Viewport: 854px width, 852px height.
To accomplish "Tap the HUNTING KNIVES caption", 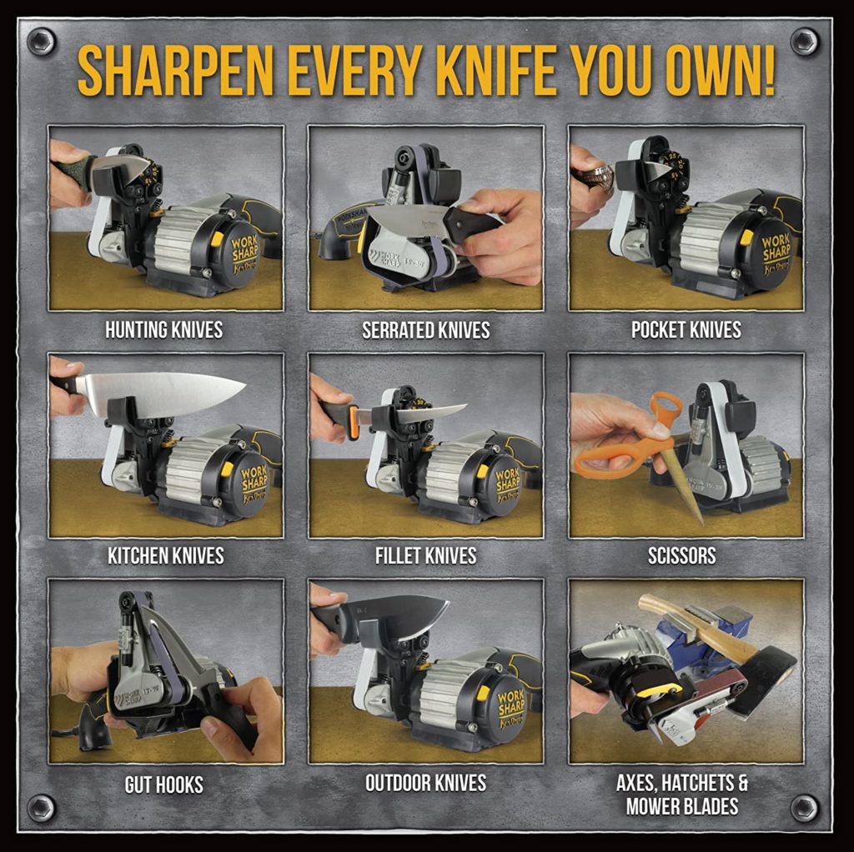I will [x=163, y=330].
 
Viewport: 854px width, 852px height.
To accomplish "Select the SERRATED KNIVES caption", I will [x=425, y=330].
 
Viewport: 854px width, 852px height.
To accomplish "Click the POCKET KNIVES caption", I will [x=686, y=330].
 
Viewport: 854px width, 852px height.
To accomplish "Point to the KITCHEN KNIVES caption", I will [x=165, y=555].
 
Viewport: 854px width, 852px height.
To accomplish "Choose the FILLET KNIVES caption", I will [x=425, y=555].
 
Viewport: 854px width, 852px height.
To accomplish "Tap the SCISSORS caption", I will [x=682, y=555].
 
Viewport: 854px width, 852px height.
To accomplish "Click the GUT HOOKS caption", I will [x=163, y=784].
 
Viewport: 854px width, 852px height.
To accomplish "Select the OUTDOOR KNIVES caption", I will [x=425, y=783].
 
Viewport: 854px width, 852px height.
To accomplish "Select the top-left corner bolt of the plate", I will [x=41, y=41].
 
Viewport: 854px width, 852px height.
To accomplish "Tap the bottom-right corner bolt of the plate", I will [x=804, y=806].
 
